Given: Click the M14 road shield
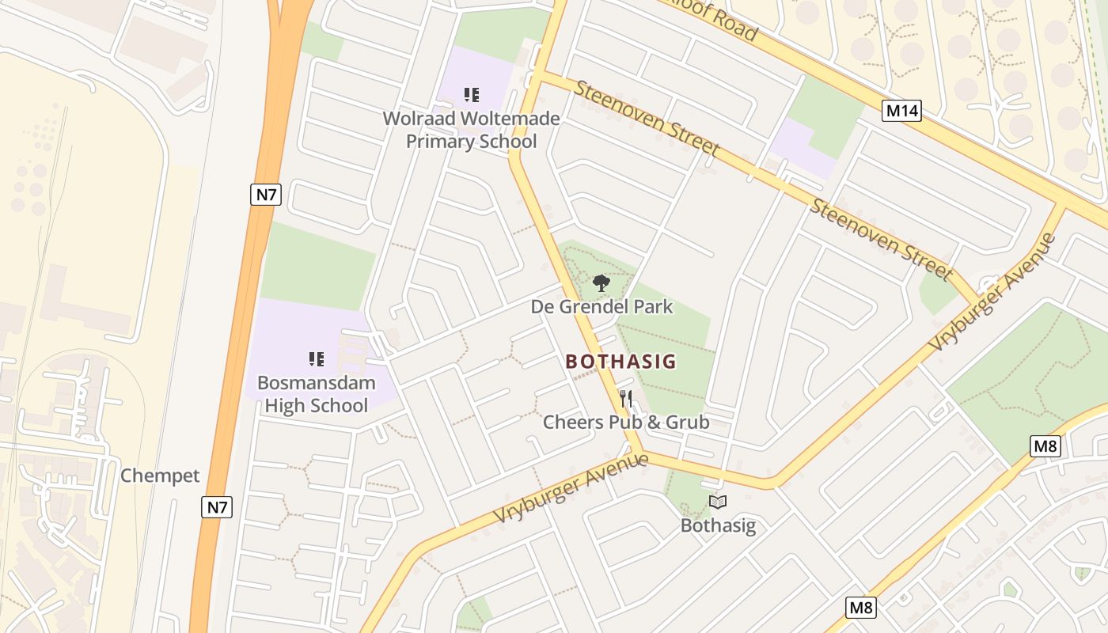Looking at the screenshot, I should (x=902, y=110).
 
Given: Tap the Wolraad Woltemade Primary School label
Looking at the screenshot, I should (x=471, y=131).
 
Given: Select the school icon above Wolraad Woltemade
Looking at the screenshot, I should (x=472, y=96).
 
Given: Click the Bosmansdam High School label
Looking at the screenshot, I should (x=316, y=395).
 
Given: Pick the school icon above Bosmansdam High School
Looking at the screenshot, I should (x=317, y=359).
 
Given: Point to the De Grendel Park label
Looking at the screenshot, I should (x=601, y=306).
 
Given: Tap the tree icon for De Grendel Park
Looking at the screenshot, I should (x=601, y=282).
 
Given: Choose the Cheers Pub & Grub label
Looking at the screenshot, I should (x=625, y=422).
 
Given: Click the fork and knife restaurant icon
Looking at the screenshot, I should (x=626, y=397).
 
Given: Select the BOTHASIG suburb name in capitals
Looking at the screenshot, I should (x=621, y=362).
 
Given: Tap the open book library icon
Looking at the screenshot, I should (x=718, y=502).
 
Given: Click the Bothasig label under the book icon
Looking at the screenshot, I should (x=718, y=525).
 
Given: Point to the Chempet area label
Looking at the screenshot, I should (x=160, y=476).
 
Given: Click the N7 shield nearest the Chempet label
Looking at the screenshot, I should (x=217, y=506).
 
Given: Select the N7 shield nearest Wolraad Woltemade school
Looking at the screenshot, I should (x=266, y=194).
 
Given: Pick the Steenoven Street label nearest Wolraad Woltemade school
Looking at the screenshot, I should (x=647, y=118).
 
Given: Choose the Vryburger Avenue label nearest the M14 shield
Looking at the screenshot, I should (x=994, y=293).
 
